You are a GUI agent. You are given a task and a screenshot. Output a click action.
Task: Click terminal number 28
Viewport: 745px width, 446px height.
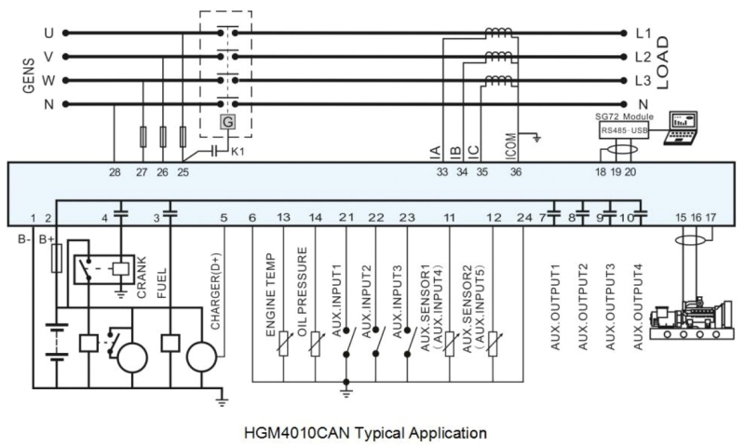115,171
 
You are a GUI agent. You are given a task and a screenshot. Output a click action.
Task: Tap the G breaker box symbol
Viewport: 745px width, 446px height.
227,120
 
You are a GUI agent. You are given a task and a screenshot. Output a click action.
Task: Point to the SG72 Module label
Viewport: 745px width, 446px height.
624,118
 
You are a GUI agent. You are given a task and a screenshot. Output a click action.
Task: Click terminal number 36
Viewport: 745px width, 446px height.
516,171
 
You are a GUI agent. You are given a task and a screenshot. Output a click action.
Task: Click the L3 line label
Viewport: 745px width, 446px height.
643,80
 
